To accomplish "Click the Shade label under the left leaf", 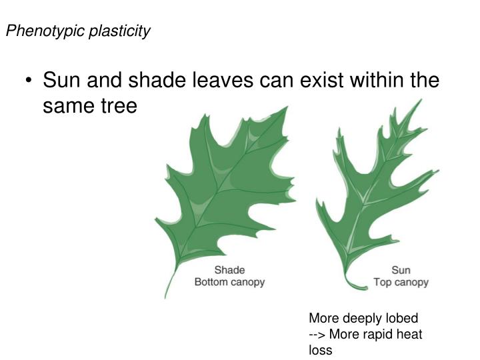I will pos(229,270).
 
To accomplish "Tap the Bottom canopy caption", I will pos(229,282).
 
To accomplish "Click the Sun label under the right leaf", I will pos(401,270).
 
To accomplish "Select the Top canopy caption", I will pos(401,282).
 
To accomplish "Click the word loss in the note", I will pos(320,349).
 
